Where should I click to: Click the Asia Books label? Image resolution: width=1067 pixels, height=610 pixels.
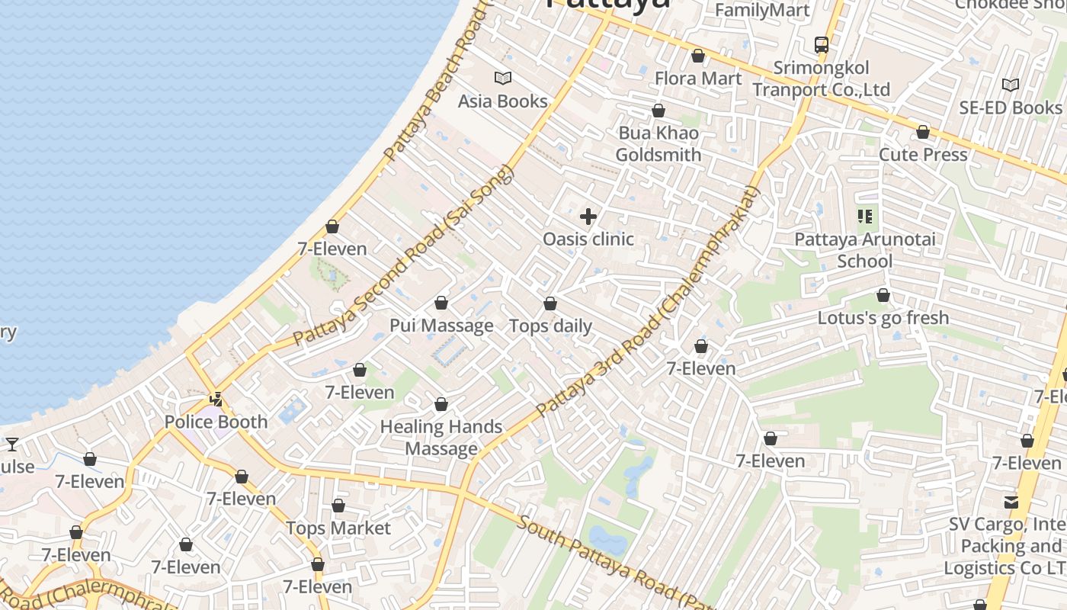[x=502, y=101]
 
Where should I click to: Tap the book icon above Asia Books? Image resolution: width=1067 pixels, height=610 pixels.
[x=502, y=78]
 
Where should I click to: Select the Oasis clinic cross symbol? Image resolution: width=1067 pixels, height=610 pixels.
[x=588, y=217]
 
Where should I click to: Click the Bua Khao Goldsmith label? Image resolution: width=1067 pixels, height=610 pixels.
[x=658, y=144]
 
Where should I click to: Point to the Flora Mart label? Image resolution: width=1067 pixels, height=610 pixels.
[x=697, y=79]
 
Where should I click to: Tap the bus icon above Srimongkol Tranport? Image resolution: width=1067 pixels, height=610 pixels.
[x=821, y=45]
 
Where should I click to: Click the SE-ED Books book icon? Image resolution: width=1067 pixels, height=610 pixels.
[x=1010, y=85]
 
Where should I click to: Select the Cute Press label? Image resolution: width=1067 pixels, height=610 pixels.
[x=922, y=155]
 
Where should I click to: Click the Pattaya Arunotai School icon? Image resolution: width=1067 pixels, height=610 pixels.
[x=864, y=217]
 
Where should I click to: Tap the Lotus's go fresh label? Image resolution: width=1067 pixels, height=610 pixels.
[x=883, y=317]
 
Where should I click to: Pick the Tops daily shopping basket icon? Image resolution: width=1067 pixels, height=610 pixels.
[x=550, y=304]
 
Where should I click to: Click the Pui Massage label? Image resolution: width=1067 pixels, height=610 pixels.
[x=441, y=326]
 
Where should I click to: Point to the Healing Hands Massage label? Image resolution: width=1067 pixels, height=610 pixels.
[x=441, y=438]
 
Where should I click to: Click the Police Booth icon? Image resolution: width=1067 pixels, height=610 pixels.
[x=216, y=399]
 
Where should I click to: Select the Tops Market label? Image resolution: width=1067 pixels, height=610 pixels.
[x=338, y=528]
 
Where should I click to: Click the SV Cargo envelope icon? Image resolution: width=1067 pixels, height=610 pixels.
[x=1011, y=502]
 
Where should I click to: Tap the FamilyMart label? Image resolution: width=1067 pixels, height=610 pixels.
[x=762, y=10]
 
